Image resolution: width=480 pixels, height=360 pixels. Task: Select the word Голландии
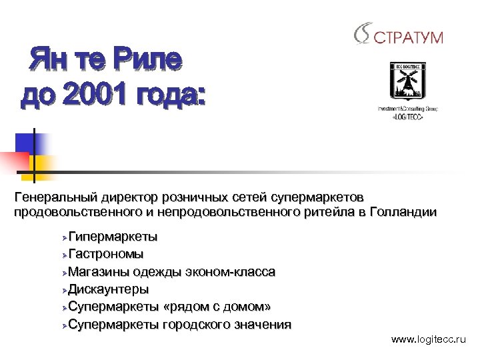pyautogui.click(x=406, y=213)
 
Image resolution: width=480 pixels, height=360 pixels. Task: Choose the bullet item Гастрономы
pyautogui.click(x=106, y=254)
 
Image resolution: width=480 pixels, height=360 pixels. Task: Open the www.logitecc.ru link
pyautogui.click(x=429, y=340)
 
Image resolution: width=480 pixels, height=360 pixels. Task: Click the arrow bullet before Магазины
pyautogui.click(x=63, y=273)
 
